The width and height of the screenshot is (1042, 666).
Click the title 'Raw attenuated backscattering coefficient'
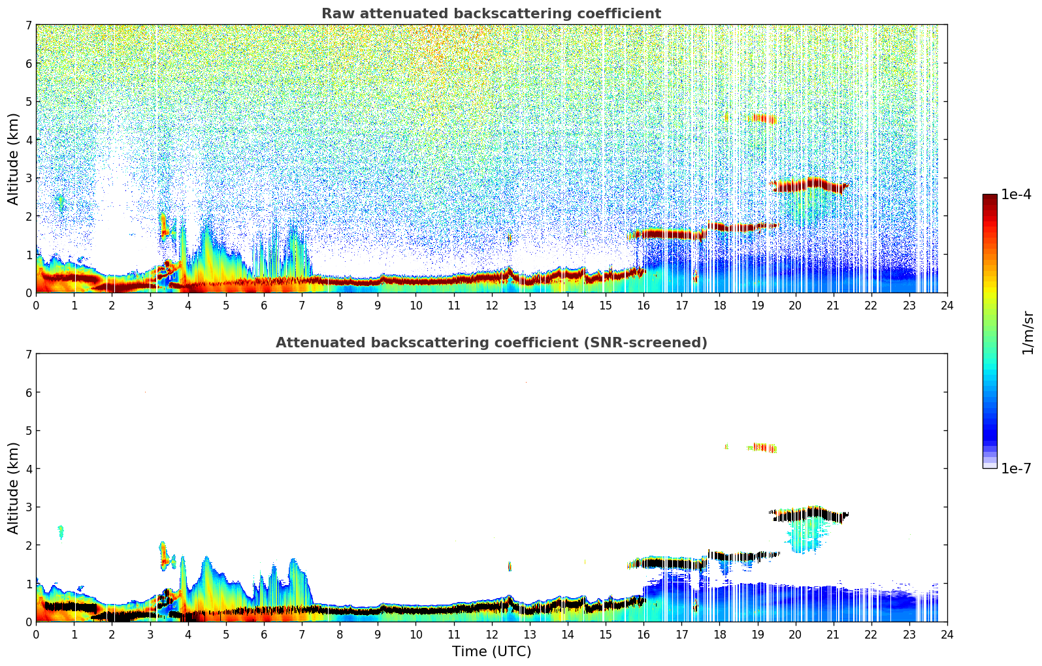491,14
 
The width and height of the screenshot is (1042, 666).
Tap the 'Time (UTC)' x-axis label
491,652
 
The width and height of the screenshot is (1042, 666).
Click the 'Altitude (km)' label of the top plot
14,159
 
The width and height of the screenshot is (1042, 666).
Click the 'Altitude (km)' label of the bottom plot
14,488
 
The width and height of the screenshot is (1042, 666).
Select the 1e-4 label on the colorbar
1016,195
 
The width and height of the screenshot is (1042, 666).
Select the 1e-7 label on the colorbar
1016,468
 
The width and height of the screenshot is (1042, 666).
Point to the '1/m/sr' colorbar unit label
1028,333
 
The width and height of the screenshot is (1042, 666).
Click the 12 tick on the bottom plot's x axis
491,635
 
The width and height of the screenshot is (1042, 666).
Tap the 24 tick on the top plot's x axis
947,306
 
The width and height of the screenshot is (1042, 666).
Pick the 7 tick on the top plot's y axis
28,25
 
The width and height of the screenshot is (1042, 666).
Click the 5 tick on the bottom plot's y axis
28,430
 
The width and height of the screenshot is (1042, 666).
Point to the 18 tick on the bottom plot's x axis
719,635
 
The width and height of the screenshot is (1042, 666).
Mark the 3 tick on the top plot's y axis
28,178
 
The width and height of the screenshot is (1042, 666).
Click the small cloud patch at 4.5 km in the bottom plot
762,448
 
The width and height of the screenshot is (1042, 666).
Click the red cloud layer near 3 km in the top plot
808,185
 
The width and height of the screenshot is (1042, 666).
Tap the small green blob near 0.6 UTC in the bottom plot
61,532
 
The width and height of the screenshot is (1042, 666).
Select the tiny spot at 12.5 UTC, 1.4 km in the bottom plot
510,566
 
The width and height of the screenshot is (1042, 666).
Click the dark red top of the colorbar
990,197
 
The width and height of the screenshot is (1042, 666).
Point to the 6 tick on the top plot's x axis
264,306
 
